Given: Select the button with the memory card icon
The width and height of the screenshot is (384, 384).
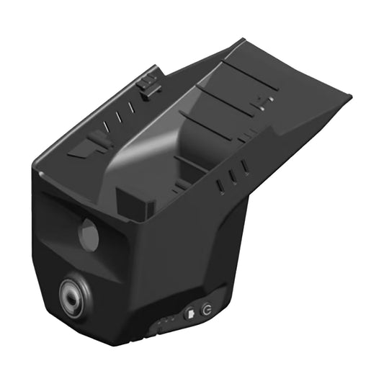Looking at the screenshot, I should click(189, 313).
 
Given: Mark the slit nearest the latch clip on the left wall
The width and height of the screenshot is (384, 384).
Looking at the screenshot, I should click(130, 107).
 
